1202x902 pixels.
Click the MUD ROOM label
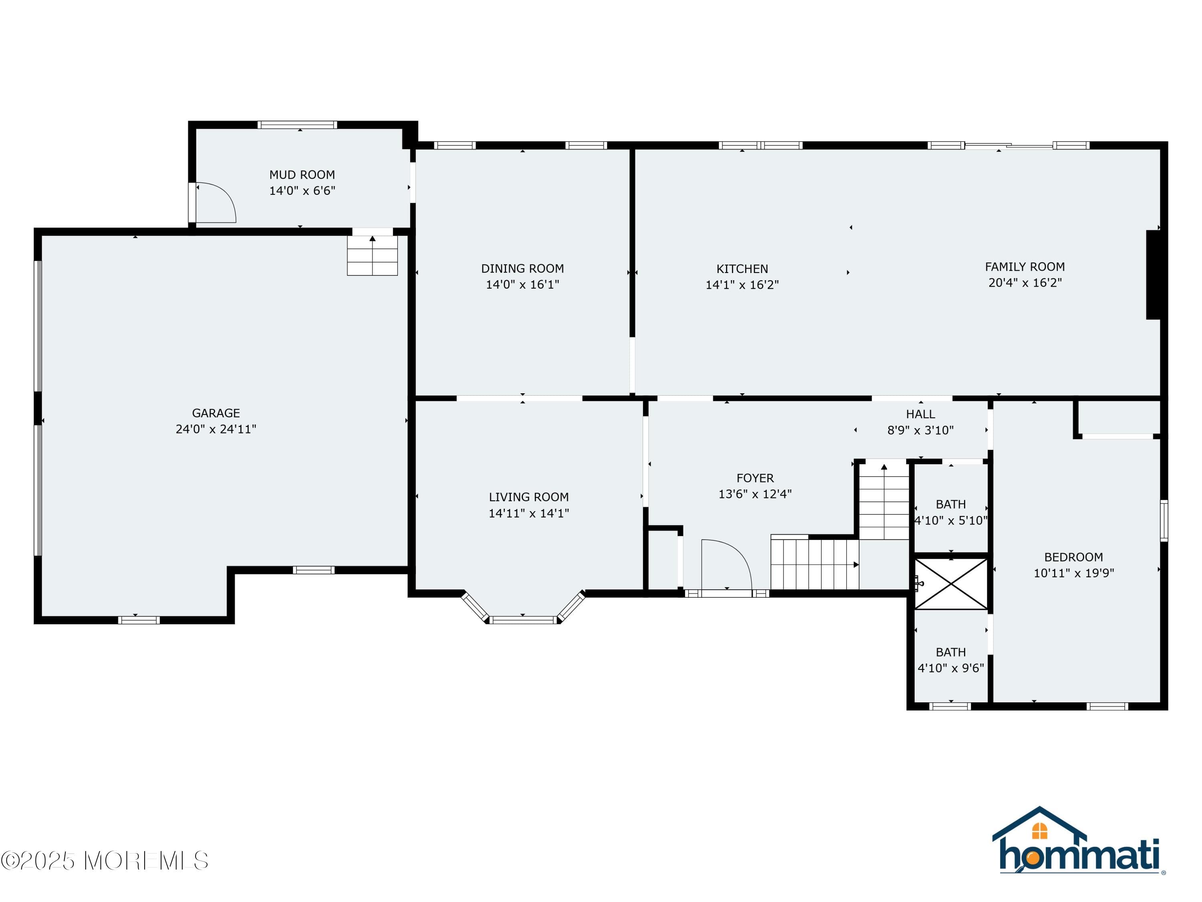302,174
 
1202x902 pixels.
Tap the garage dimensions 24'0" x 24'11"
216,429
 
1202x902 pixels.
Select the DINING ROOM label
522,269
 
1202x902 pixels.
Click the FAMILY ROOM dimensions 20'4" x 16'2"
1025,283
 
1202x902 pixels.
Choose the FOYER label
755,478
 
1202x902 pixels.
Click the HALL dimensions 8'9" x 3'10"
920,431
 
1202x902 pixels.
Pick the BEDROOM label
1073,557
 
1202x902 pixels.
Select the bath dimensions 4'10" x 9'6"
951,667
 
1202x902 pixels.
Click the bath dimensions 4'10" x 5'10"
951,520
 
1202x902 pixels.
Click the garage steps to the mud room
372,255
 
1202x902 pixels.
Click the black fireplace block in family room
1153,275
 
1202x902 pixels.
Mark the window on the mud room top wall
297,125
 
